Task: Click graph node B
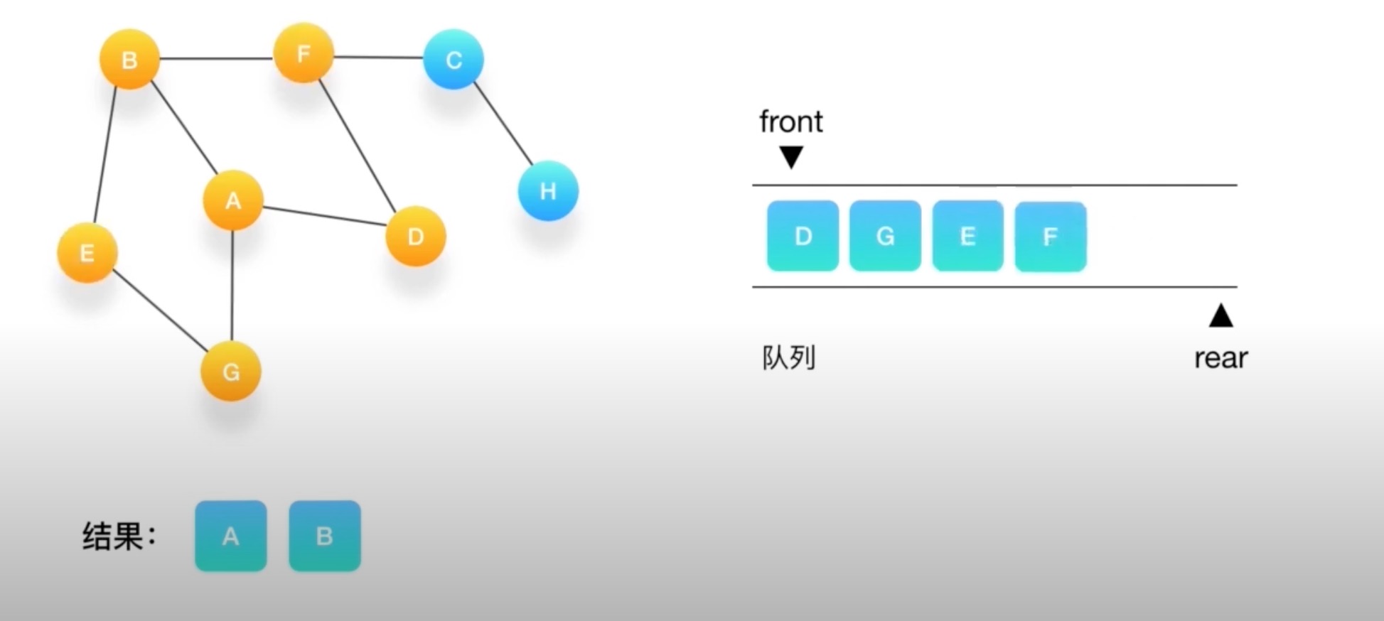(129, 59)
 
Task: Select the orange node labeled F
(304, 53)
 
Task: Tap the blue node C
(454, 60)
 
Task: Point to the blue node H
(548, 190)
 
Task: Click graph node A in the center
(233, 200)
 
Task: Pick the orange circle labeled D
(416, 236)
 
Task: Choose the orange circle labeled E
(87, 253)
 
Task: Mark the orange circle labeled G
(231, 371)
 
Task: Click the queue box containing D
(803, 236)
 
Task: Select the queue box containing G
(885, 236)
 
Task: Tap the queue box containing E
(967, 236)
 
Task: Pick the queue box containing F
(1050, 237)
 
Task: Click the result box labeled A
(230, 536)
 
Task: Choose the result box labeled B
(324, 536)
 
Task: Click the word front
(790, 121)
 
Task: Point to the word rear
(1221, 358)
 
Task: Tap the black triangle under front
(791, 156)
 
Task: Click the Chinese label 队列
(788, 357)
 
